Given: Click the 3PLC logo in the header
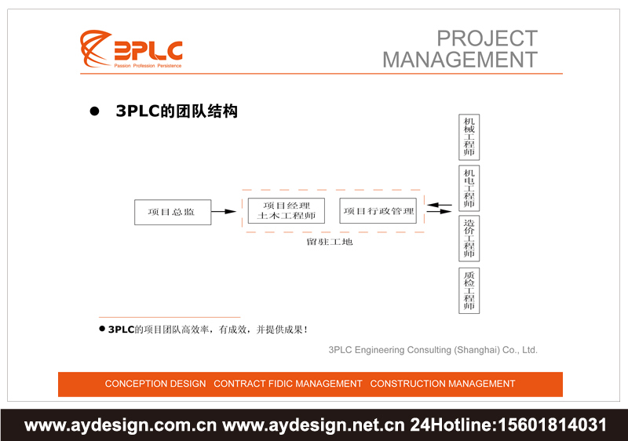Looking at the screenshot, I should coord(131,49).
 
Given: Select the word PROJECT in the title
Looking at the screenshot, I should coord(487,38).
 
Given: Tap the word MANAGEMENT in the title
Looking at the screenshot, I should coord(460,60).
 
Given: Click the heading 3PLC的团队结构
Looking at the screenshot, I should coord(176,111).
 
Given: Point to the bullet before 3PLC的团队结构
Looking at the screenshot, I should coord(95,112).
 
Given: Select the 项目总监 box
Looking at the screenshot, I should coord(173,212).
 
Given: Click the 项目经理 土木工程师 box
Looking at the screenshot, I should coord(287,211).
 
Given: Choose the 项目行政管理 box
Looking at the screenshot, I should coord(379,211).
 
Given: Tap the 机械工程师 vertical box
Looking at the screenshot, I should coord(469,137).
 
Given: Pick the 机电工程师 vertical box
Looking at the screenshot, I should coord(469,188).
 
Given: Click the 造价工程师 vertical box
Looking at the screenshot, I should coord(469,239).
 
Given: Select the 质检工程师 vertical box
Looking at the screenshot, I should coord(469,290).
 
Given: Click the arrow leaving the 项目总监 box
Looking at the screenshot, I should coord(225,212).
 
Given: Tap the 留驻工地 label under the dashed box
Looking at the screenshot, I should coord(330,242).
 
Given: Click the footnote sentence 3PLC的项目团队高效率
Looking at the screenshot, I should coord(207,330).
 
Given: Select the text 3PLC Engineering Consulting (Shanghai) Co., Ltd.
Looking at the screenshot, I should coord(433,350).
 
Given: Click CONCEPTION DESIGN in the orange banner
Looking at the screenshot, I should coord(155,384).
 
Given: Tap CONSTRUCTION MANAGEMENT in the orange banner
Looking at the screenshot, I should coord(443,384).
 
